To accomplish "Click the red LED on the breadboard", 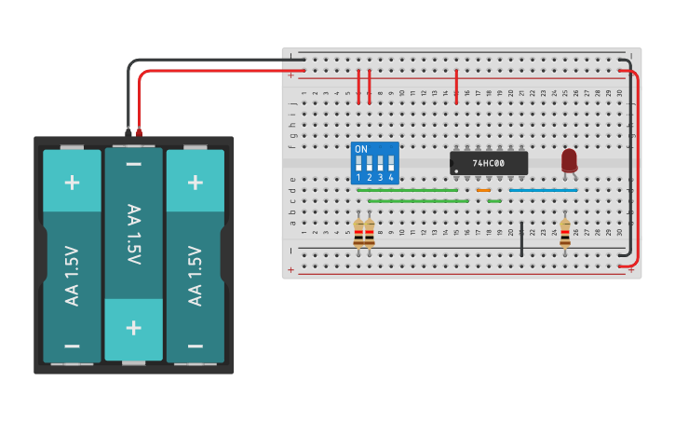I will (569, 160).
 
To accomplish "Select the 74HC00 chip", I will (489, 163).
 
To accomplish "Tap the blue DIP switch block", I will (375, 162).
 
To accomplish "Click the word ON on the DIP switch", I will (361, 149).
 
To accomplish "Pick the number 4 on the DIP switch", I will (391, 177).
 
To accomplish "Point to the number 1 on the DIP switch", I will (358, 177).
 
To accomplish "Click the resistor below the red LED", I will (566, 234).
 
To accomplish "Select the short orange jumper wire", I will (483, 190).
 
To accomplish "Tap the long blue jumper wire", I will (543, 190).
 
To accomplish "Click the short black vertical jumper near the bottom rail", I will (521, 238).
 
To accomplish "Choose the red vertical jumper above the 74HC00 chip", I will (456, 84).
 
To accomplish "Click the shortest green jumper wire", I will (494, 200).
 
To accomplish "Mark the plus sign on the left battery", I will (72, 182).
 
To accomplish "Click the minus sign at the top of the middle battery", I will (133, 166).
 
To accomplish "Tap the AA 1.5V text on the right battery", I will (195, 276).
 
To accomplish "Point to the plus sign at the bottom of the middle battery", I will (133, 328).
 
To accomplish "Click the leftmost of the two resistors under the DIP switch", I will (359, 234).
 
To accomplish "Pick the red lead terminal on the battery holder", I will (139, 132).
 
